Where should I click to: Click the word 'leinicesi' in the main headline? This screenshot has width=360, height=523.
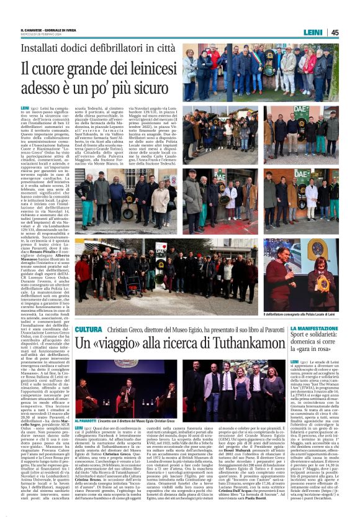point(142,70)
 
